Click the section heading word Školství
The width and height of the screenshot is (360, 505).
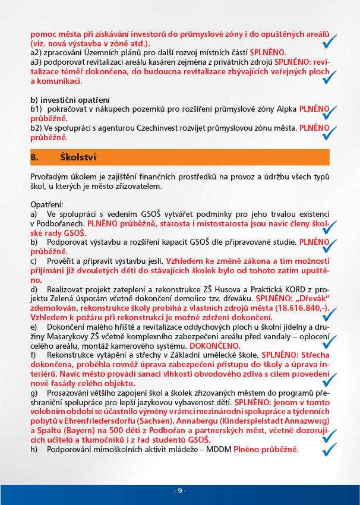[79, 157]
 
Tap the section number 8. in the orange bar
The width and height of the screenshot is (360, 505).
[34, 157]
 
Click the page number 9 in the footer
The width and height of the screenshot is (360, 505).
[180, 491]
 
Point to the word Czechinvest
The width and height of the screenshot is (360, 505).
[146, 127]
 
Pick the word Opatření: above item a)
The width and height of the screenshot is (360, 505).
[47, 203]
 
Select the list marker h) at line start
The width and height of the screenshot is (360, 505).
[34, 450]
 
